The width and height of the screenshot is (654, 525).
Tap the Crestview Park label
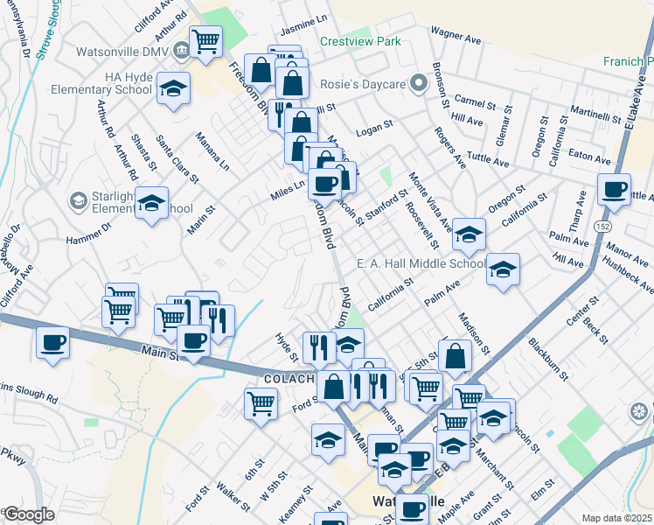click(359, 41)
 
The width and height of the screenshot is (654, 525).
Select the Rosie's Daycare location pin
click(418, 83)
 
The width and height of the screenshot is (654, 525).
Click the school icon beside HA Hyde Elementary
click(174, 88)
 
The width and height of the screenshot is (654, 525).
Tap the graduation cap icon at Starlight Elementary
click(152, 203)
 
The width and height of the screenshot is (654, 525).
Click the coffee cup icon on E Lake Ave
click(614, 189)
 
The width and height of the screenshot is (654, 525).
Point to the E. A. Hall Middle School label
click(421, 263)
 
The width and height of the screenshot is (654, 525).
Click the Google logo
click(29, 514)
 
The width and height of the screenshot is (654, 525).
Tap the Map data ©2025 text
click(616, 518)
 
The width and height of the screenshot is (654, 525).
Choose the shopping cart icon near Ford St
click(261, 403)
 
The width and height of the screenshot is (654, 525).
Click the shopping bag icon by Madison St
click(456, 355)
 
